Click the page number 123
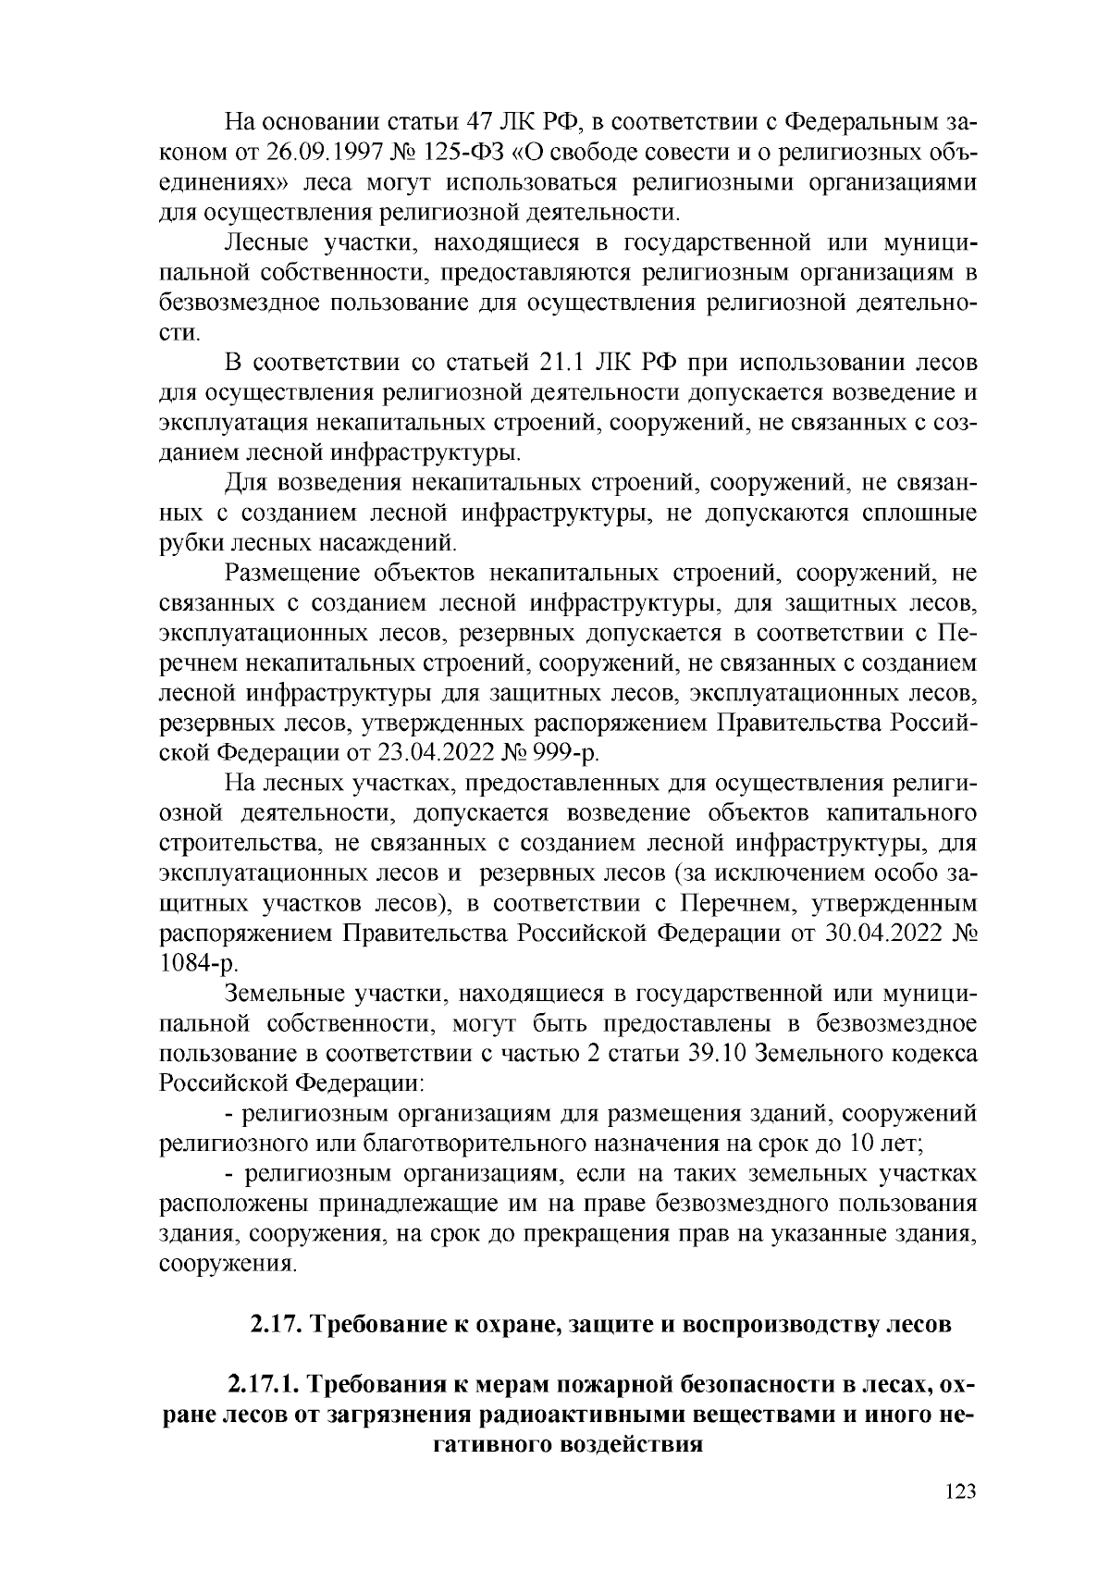point(962,1492)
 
